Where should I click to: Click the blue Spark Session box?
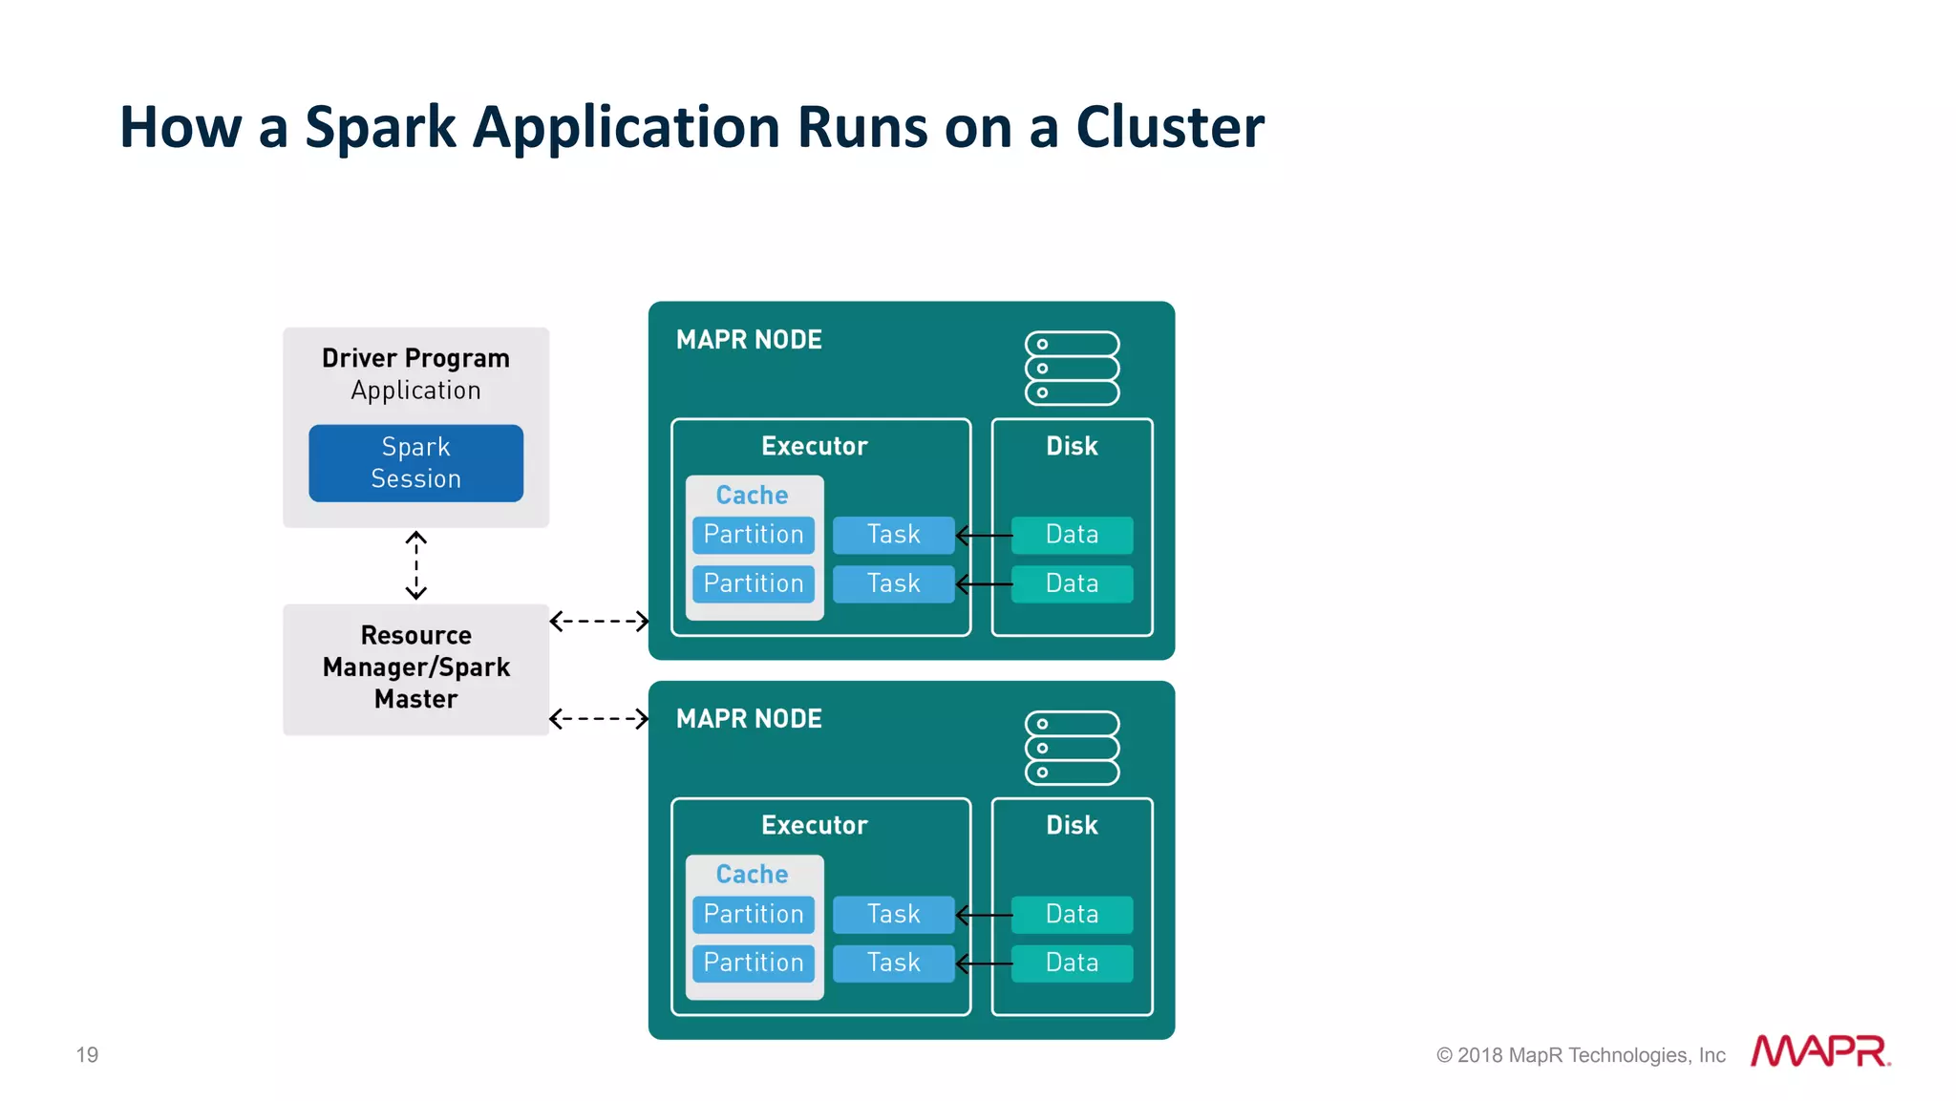pos(415,463)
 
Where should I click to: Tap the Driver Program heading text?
pos(415,358)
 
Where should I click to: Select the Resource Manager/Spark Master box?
pos(415,668)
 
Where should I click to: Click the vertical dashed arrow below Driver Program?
pos(415,565)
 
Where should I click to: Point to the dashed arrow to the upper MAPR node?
pos(599,622)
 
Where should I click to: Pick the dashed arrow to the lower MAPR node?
pos(599,719)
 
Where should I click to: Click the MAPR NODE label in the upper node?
pos(749,340)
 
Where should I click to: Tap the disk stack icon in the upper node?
pos(1072,369)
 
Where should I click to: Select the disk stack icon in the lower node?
pos(1072,748)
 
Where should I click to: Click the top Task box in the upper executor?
pos(893,535)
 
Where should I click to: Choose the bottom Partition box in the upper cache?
pos(754,583)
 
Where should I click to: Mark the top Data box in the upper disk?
pos(1072,535)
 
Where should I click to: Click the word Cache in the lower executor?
pos(752,874)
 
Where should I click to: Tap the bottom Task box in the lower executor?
pos(893,963)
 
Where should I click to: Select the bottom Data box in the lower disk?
pos(1072,963)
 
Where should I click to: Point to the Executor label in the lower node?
pos(814,825)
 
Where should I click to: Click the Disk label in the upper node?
pos(1072,446)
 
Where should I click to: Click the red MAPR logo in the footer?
pos(1819,1051)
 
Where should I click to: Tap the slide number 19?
pos(87,1055)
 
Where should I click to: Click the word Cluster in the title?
pos(1169,127)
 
